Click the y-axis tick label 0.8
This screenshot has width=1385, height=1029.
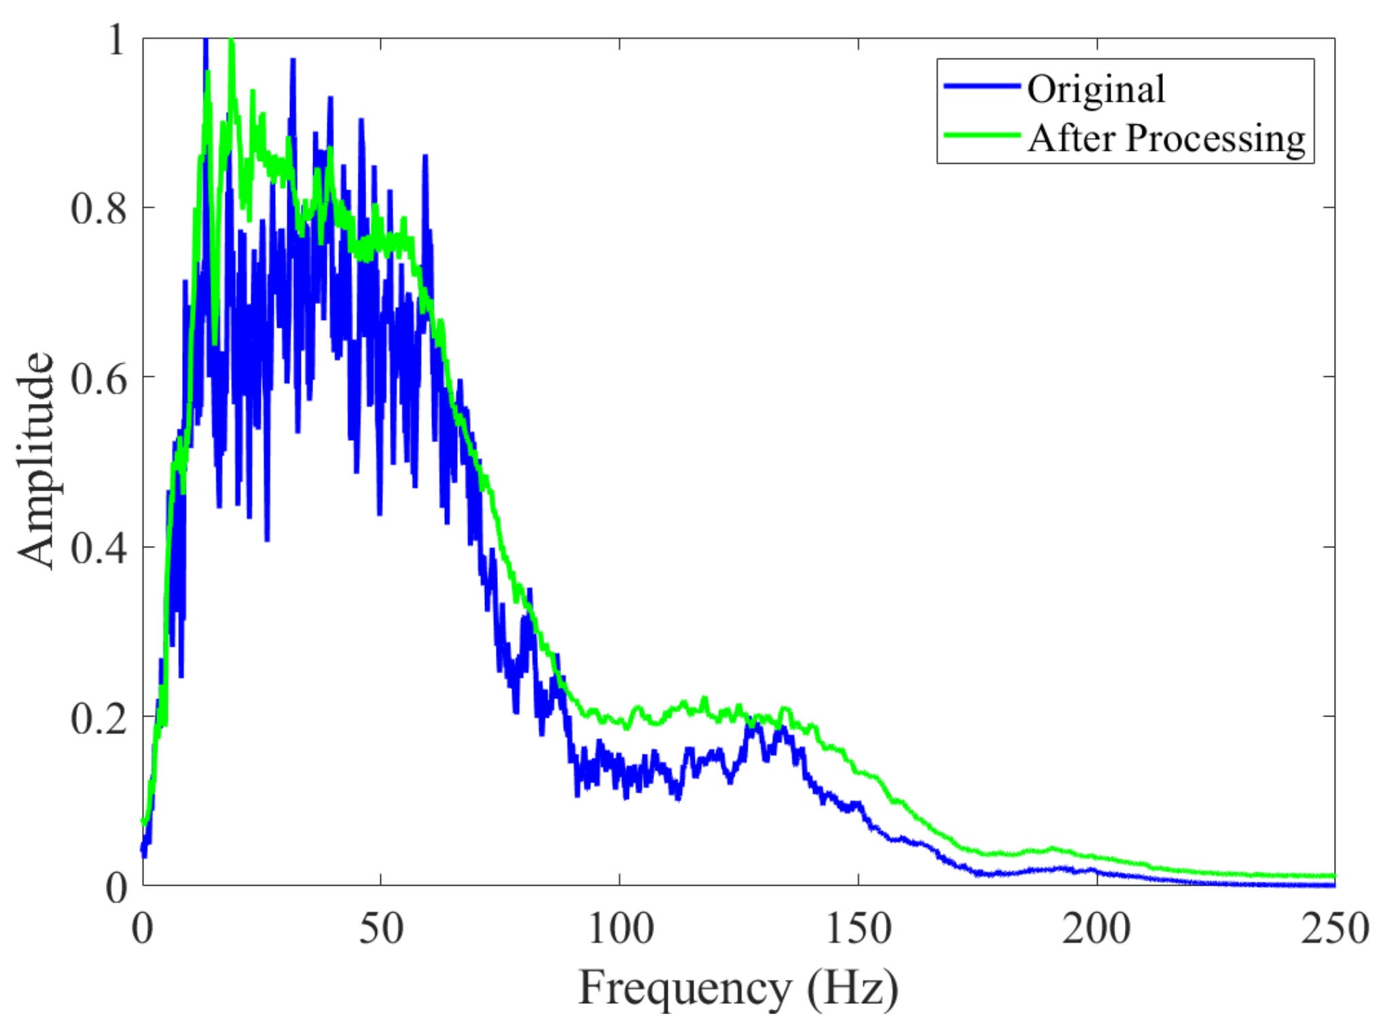(98, 208)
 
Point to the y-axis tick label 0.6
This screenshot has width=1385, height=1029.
(98, 378)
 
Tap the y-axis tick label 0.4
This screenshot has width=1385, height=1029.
(98, 547)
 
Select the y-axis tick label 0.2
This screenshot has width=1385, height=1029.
(98, 717)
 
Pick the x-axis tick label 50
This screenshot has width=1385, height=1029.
(380, 928)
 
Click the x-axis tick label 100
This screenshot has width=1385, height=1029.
(620, 928)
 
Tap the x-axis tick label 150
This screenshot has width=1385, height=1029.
(859, 928)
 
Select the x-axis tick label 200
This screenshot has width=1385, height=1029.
(1097, 928)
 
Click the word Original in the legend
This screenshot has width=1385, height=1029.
(1096, 89)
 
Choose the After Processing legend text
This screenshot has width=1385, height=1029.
(1166, 139)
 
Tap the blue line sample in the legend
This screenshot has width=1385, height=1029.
(982, 86)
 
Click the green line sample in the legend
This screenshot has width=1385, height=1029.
(982, 135)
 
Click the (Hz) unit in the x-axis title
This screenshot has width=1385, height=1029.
(852, 988)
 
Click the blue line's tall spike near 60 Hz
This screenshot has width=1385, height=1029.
(425, 158)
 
